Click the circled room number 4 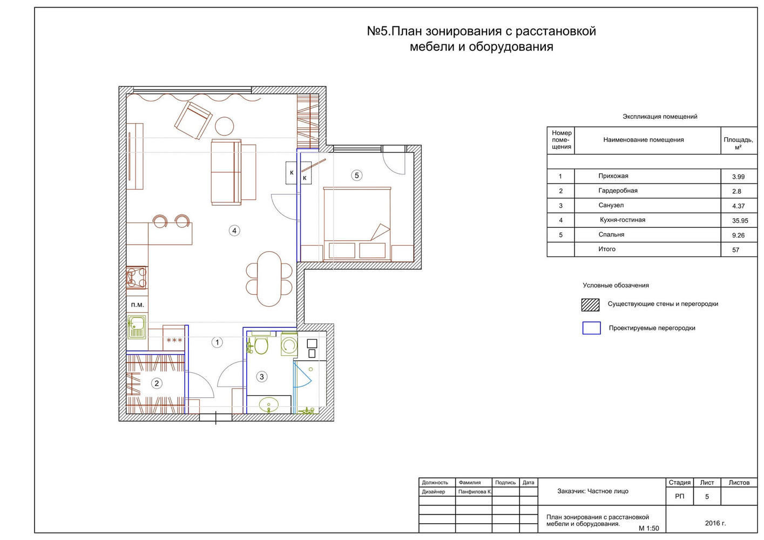(x=234, y=231)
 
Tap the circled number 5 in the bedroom (x=357, y=175)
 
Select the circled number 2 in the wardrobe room (x=157, y=383)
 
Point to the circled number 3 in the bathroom (x=262, y=377)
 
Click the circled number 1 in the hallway (x=217, y=342)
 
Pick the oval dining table (x=269, y=279)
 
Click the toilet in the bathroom (x=261, y=344)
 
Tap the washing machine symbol (x=289, y=345)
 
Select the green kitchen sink (x=137, y=327)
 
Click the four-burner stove (x=137, y=278)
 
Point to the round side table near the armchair (x=225, y=126)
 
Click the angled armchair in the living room (x=193, y=120)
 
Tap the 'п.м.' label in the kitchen (x=138, y=305)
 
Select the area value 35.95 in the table (x=740, y=221)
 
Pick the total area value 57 (x=736, y=250)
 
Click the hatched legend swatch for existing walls (x=590, y=305)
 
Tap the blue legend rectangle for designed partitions (x=591, y=328)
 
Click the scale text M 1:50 (x=648, y=529)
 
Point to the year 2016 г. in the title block (x=715, y=523)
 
